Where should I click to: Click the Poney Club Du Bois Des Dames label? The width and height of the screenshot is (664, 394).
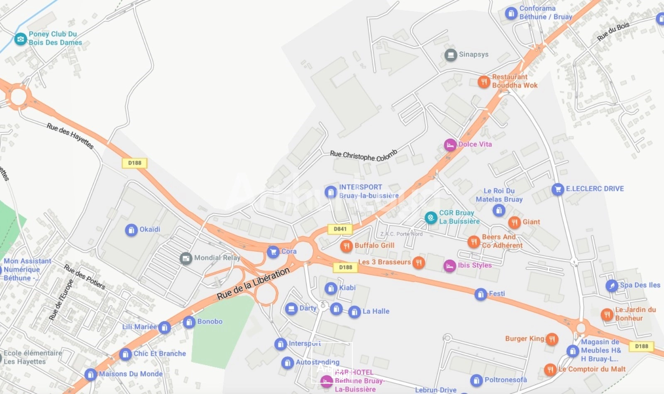click(x=55, y=38)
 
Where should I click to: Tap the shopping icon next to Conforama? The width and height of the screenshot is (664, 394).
click(x=511, y=13)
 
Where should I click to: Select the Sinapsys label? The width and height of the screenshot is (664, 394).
click(x=474, y=54)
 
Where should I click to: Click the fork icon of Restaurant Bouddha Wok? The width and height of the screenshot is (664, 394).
click(x=483, y=82)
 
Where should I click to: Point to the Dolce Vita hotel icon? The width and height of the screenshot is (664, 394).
click(x=450, y=145)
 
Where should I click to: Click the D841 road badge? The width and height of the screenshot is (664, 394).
click(x=340, y=229)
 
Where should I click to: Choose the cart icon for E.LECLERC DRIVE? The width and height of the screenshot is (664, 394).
click(x=558, y=189)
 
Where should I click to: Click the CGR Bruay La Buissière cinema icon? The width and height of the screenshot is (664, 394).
click(x=431, y=218)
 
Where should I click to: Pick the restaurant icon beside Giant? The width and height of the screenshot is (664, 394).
click(x=514, y=223)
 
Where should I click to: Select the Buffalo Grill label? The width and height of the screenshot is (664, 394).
click(x=374, y=245)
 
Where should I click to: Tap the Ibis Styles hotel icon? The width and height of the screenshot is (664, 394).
click(x=449, y=266)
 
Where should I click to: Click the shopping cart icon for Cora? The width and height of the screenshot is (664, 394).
click(x=273, y=252)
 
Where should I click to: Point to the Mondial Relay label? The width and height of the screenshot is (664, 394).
click(x=217, y=258)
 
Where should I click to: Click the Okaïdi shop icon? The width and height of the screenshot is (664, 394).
click(x=131, y=230)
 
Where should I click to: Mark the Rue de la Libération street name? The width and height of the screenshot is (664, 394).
click(x=253, y=284)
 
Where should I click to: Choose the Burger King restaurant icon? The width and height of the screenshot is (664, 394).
click(x=552, y=339)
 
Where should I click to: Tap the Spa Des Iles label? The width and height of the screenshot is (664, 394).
click(x=640, y=285)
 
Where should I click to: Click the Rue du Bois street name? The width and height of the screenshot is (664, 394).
click(x=613, y=32)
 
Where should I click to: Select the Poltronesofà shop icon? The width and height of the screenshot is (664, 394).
click(x=476, y=380)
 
